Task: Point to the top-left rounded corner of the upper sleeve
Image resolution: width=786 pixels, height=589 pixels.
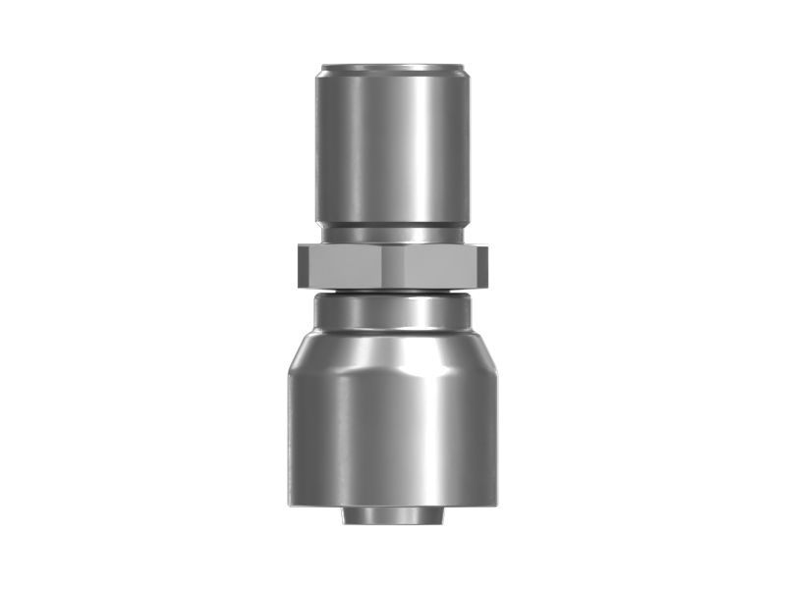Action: [319, 71]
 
